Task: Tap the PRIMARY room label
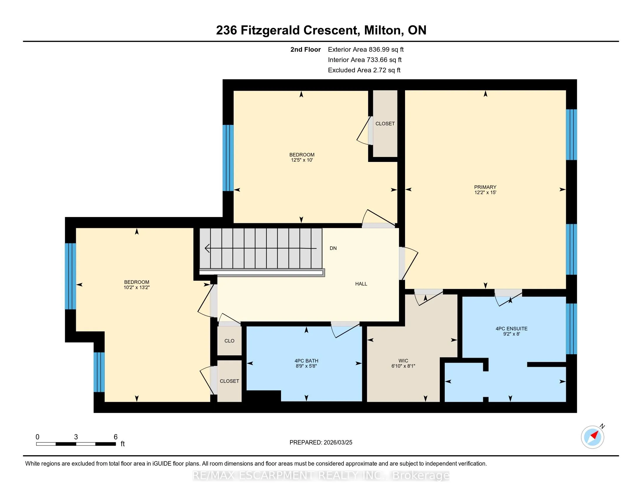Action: (485, 187)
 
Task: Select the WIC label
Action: (403, 361)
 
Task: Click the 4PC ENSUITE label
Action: (512, 329)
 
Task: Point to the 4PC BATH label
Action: (306, 361)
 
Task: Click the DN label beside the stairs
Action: (333, 248)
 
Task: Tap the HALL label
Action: (361, 284)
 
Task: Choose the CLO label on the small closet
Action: (229, 341)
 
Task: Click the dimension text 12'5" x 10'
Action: (302, 160)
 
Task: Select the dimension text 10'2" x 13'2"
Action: (137, 287)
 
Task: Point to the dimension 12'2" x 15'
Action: (485, 193)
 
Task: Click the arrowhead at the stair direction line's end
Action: (207, 248)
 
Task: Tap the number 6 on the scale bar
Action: (116, 437)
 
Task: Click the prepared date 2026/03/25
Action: (338, 443)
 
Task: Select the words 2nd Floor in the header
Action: (306, 50)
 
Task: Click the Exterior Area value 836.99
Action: (378, 50)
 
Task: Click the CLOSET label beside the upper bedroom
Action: (385, 124)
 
